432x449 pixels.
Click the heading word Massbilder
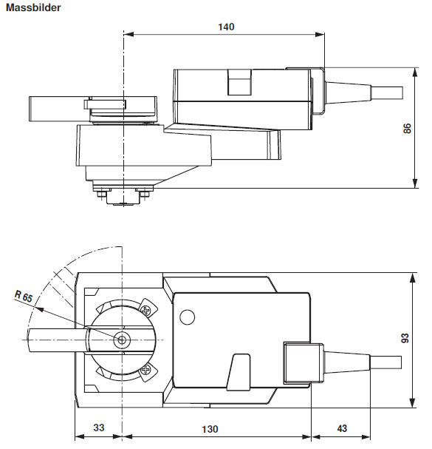click(x=35, y=7)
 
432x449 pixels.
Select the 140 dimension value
click(x=226, y=27)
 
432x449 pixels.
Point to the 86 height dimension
click(x=407, y=129)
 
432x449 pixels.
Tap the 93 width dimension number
click(x=405, y=339)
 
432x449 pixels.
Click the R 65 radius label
click(x=24, y=297)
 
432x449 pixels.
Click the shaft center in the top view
click(x=122, y=339)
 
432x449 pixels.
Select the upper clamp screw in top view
click(x=147, y=311)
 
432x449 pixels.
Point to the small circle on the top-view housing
click(x=186, y=318)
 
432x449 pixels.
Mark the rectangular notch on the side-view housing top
click(x=239, y=81)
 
